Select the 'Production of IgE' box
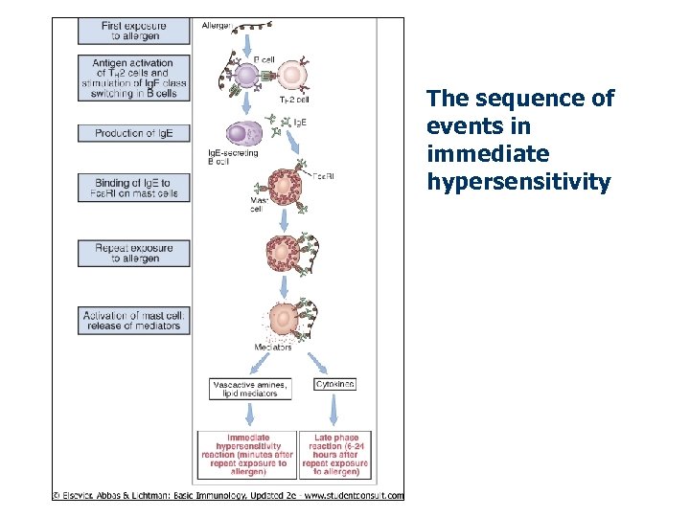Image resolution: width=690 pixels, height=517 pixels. (132, 133)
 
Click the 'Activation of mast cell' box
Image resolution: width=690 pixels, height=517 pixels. (132, 320)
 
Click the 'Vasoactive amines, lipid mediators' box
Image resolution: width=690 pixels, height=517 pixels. (250, 389)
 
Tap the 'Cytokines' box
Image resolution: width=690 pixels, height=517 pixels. (334, 384)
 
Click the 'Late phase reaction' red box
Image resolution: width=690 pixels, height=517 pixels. (333, 455)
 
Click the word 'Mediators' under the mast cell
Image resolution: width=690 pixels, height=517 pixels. (273, 347)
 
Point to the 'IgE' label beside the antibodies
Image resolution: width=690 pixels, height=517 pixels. (299, 123)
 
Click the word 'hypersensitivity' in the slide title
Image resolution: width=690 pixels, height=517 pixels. (518, 181)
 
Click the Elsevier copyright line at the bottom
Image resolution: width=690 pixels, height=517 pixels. (228, 495)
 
